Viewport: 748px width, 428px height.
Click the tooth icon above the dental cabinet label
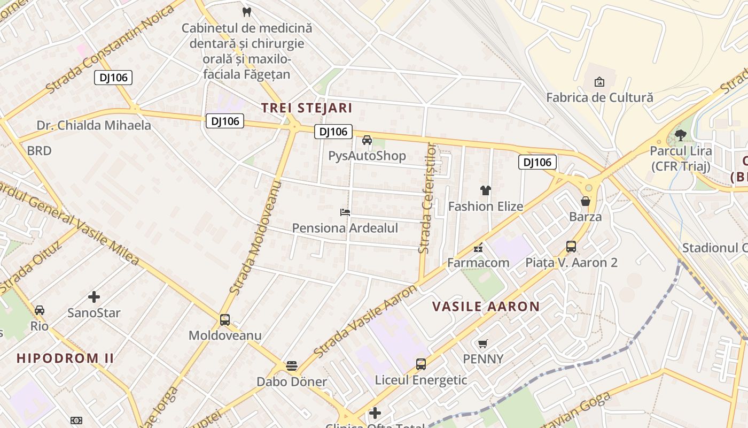(246, 11)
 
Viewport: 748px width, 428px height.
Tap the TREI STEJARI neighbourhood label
(307, 108)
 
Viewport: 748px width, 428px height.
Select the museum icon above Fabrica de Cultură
(599, 82)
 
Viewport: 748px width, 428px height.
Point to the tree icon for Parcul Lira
(680, 135)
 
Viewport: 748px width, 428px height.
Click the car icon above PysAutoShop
(367, 140)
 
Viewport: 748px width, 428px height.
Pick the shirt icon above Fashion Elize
(485, 190)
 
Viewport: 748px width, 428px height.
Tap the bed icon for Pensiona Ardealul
(345, 212)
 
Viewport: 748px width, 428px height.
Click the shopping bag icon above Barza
(586, 201)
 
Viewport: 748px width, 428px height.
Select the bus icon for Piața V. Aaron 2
(571, 247)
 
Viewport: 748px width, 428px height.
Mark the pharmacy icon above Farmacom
(478, 247)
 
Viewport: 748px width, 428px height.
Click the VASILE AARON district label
(486, 307)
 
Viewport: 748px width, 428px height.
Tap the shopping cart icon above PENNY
(483, 343)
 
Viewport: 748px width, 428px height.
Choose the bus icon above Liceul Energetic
(421, 364)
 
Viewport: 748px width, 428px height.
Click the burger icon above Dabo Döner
(292, 366)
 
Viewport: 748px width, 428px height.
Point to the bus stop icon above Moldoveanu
(225, 320)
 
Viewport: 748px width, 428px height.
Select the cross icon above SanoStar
(94, 297)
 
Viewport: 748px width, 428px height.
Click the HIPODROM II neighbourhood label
(65, 358)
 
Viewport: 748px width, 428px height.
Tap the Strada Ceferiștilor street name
(427, 198)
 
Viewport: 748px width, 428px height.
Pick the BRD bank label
(39, 151)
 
